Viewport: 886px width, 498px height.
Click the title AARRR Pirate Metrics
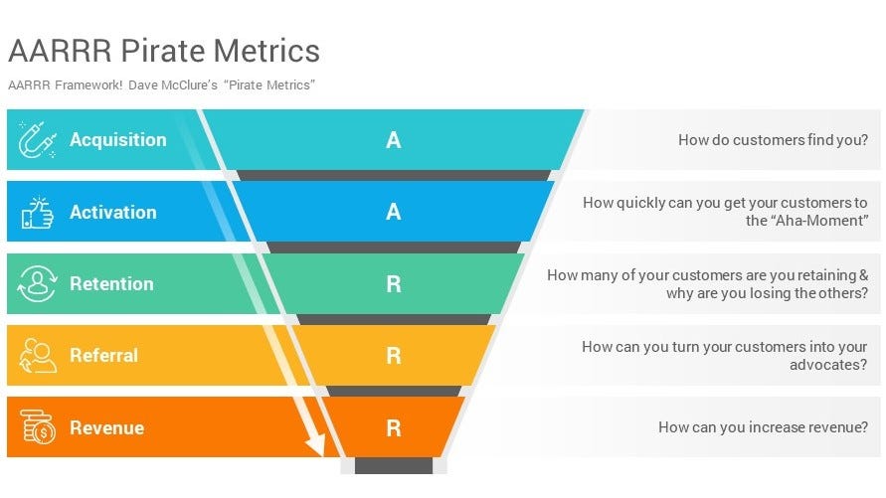click(x=164, y=51)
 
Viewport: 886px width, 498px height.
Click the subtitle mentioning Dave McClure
click(x=161, y=84)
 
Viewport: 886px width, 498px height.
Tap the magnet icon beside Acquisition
click(x=37, y=140)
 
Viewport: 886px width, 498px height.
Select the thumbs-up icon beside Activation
click(x=37, y=212)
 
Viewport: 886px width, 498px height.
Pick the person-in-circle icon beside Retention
click(x=37, y=284)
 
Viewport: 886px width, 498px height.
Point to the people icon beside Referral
click(x=37, y=356)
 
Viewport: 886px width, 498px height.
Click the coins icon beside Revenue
click(x=37, y=428)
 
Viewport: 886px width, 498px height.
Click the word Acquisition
click(x=117, y=140)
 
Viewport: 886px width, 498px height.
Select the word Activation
click(x=112, y=212)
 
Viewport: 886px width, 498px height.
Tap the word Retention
click(x=111, y=284)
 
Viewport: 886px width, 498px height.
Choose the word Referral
click(x=103, y=356)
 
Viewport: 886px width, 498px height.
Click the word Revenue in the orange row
click(x=106, y=428)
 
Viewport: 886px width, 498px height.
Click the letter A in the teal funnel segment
click(x=394, y=140)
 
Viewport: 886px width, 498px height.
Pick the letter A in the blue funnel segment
click(x=394, y=212)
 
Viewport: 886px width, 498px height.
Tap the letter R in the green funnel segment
click(x=394, y=284)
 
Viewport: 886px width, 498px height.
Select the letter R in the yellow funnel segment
click(x=394, y=356)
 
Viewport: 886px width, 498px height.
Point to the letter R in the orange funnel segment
click(x=394, y=428)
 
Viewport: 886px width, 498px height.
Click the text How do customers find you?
click(x=773, y=140)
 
